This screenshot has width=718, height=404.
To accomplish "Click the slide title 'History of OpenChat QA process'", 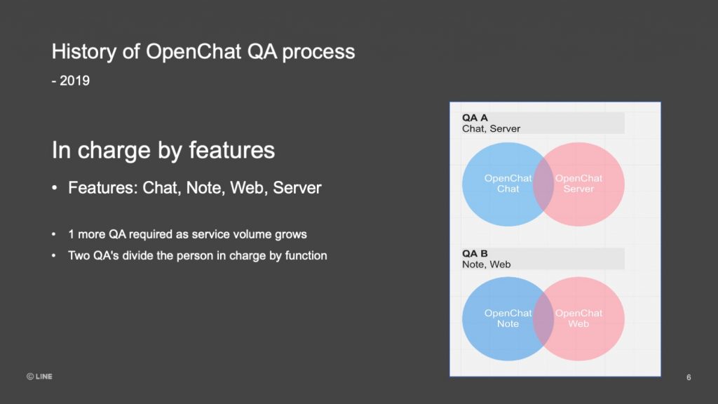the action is click(x=203, y=52).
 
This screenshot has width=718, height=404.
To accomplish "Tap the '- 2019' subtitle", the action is click(x=71, y=81).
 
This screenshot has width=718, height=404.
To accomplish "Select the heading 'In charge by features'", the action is click(x=163, y=150).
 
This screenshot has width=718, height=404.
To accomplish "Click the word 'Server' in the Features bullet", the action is click(x=297, y=188).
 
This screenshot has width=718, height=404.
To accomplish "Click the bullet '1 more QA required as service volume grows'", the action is click(x=188, y=234).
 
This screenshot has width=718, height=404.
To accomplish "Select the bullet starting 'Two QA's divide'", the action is click(x=198, y=255).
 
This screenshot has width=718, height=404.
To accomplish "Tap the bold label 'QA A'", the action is click(x=475, y=118).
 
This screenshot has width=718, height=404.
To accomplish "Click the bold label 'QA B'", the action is click(x=475, y=253).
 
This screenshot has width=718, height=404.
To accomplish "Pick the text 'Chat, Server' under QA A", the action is click(x=491, y=129).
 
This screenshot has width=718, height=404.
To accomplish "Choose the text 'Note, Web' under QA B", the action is click(x=487, y=264).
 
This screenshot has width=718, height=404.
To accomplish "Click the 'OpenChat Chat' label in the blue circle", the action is click(x=508, y=183).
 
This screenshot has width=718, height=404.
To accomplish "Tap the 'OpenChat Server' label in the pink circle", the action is click(x=578, y=183).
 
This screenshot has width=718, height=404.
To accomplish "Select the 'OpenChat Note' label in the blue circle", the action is click(x=508, y=318).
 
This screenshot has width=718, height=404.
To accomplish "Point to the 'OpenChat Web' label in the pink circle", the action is click(x=578, y=318).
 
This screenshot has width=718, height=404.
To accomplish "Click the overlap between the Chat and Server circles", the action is click(x=543, y=184).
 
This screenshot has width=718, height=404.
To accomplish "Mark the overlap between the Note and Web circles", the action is click(x=543, y=319).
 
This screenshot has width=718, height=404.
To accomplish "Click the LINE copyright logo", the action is click(x=39, y=377).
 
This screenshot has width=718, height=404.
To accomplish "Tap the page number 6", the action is click(x=689, y=377).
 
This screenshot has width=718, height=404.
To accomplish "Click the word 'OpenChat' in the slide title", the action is click(x=194, y=52).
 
